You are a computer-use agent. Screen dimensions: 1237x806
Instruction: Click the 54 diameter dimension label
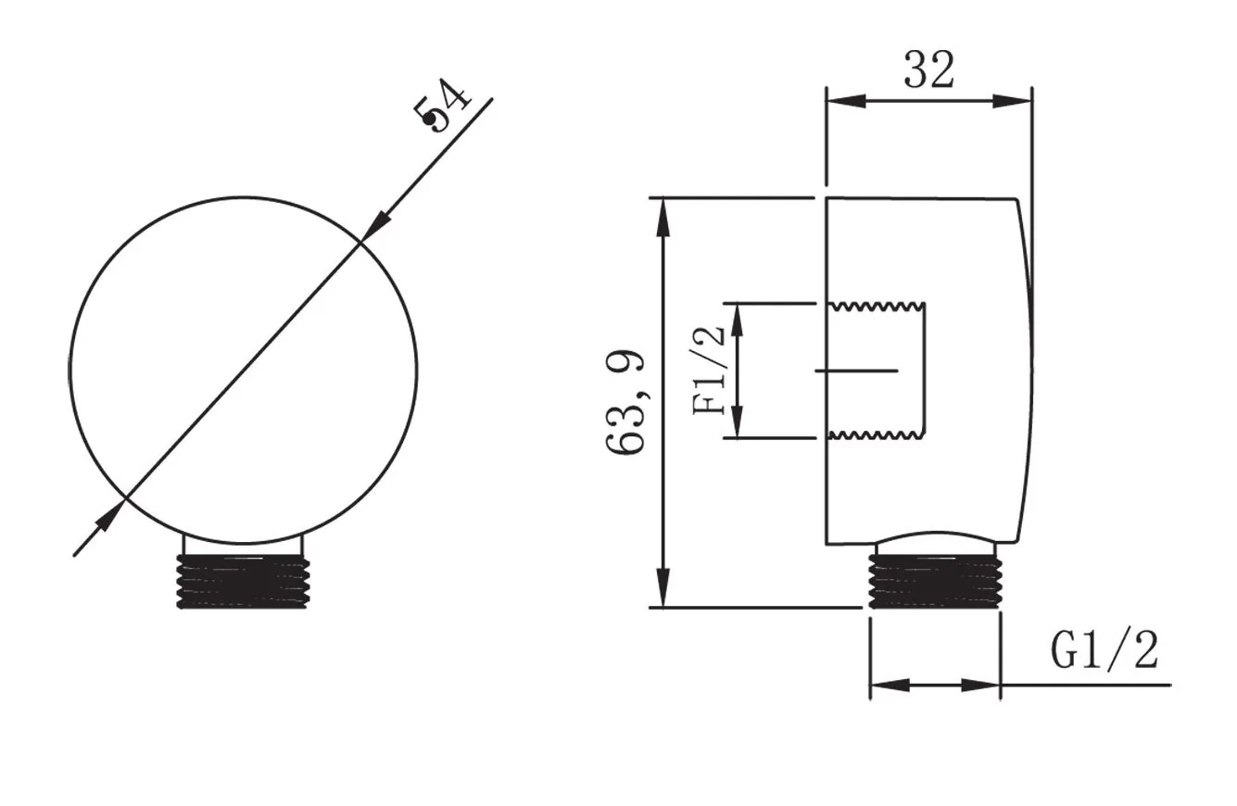tap(442, 106)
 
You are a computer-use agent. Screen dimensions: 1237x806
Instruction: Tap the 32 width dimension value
tap(928, 70)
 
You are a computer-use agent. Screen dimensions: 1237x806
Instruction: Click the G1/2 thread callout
tap(1104, 650)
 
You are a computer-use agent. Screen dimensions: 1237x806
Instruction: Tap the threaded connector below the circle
tap(243, 582)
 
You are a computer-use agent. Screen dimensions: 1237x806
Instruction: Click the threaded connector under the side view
tap(935, 581)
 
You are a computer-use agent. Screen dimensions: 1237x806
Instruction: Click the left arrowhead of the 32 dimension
tap(846, 101)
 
